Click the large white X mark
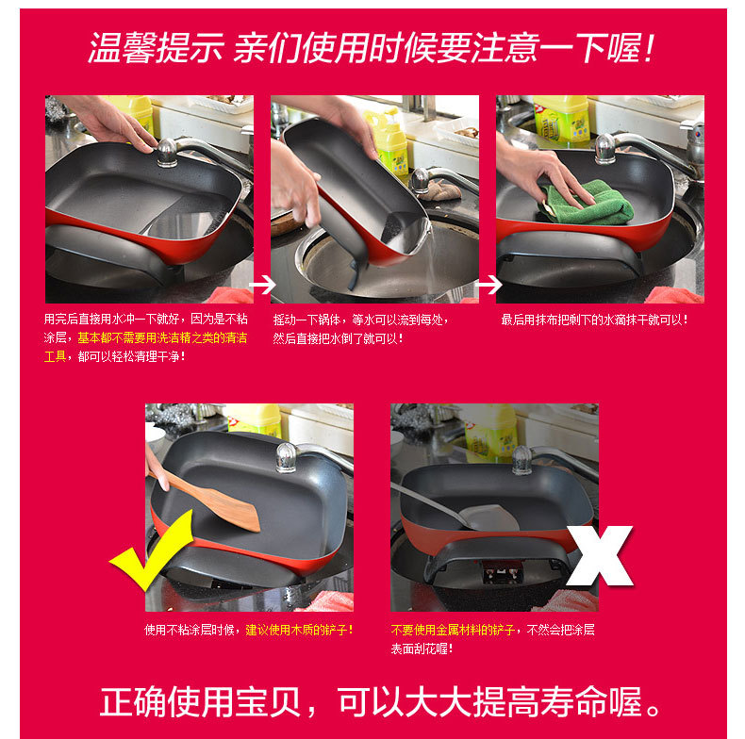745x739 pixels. point(600,556)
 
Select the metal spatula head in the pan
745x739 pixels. point(489,517)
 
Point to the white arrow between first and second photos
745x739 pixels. point(263,285)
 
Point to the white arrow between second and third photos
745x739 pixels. point(488,285)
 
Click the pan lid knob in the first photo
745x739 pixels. point(167,152)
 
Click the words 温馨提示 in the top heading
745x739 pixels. point(156,48)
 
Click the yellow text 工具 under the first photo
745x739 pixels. point(55,356)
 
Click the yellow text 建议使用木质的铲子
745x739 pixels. point(296,630)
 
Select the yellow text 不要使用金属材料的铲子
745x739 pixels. point(453,630)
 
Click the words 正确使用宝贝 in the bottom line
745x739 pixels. point(200,701)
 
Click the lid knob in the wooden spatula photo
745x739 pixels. point(287,457)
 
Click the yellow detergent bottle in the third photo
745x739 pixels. point(561,119)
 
